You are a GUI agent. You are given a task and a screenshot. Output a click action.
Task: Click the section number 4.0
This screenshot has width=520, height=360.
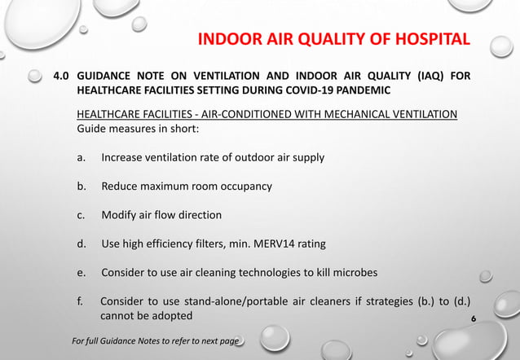(61, 77)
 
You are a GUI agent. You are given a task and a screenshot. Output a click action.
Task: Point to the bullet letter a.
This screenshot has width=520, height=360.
(81, 156)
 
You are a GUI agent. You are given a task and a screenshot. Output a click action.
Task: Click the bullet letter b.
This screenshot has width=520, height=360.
(81, 186)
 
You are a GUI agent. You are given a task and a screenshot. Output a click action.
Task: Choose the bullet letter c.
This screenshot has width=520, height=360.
(81, 215)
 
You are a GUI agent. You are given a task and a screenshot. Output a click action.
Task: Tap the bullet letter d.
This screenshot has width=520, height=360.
(81, 244)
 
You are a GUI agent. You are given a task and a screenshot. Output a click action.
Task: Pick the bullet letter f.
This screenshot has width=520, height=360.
(80, 302)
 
